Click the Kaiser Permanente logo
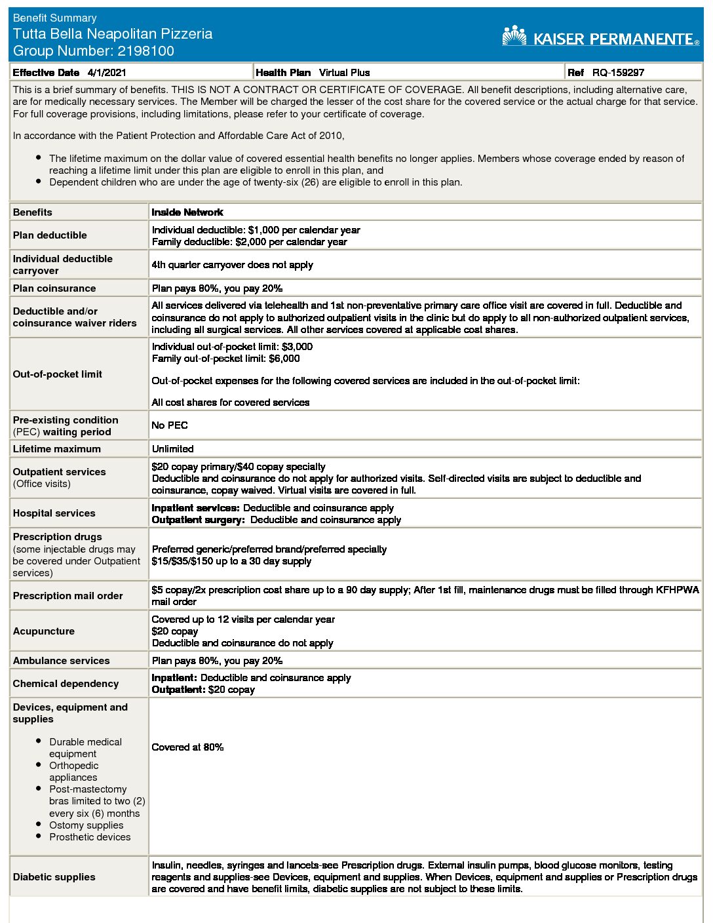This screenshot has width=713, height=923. pos(600,37)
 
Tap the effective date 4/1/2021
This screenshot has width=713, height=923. pos(107,73)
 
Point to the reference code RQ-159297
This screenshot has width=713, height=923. pos(618,73)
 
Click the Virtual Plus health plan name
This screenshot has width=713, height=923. pos(344,73)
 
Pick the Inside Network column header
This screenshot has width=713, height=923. pos(187,212)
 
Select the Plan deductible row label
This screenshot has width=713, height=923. pos(50,235)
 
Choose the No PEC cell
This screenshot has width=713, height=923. pos(170,425)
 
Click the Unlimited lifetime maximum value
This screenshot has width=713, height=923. pos(173,449)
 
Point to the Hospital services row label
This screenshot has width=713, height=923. pos(54,513)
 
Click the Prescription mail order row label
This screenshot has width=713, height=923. pos(67,596)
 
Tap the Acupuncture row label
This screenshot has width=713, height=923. pos(44,631)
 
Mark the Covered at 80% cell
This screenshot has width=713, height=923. pos(187,747)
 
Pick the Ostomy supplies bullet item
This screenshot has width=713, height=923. pos(86,825)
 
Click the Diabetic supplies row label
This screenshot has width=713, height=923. pos(54,877)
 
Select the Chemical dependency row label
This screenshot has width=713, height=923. pos(66,684)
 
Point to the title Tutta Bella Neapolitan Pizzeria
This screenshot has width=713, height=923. pos(113,34)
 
